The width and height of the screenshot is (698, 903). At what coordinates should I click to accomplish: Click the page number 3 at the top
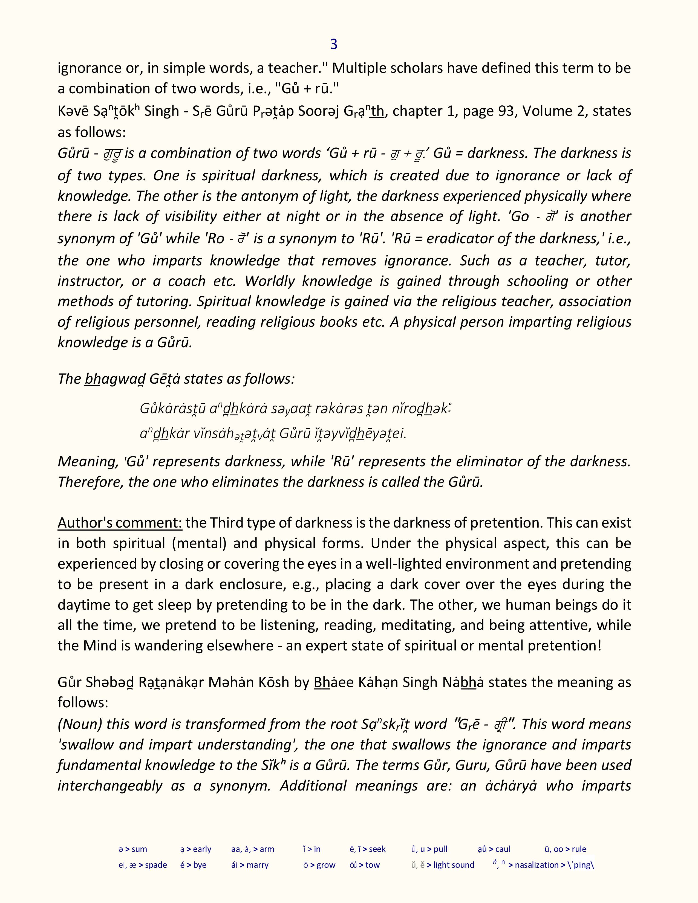334,44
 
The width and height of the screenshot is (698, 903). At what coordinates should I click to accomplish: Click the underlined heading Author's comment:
120,523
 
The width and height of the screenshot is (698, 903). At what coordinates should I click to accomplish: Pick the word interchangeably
109,786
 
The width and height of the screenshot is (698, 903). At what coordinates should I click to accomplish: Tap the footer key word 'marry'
257,865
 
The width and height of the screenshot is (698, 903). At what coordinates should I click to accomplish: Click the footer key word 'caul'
503,849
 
